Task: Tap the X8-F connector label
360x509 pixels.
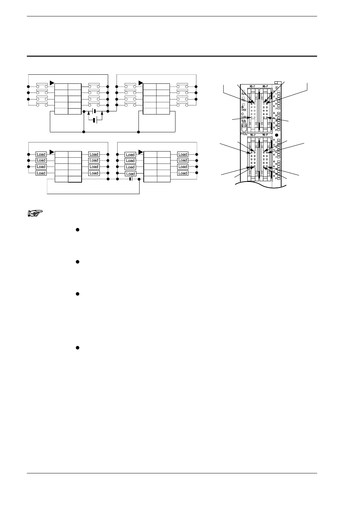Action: (265, 86)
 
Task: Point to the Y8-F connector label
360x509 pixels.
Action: (265, 135)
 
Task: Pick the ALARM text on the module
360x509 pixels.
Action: (243, 118)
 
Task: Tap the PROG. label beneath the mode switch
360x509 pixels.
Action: (244, 133)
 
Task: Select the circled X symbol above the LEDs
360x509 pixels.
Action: (277, 88)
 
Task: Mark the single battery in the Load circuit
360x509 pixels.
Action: (130, 179)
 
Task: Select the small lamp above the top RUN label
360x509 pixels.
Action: (243, 91)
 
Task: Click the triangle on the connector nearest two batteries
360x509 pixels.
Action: (52, 83)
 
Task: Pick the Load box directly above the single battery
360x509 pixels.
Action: (130, 174)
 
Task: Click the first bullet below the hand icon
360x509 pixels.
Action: (77, 230)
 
